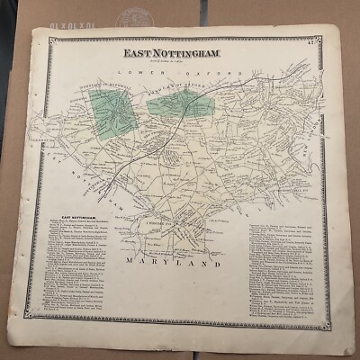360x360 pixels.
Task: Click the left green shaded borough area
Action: point(109,115)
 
